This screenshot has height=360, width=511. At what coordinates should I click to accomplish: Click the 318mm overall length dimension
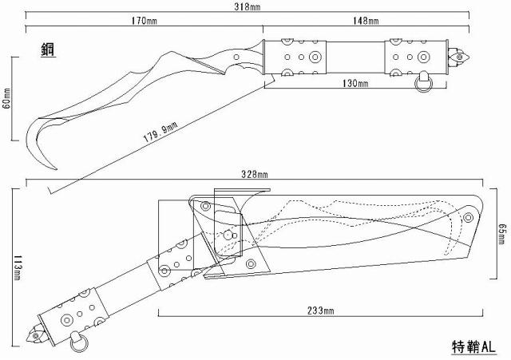247,6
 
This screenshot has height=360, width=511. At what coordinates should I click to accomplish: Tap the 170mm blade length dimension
144,21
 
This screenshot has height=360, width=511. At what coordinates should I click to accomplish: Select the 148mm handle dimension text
366,21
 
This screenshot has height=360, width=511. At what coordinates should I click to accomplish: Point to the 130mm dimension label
355,83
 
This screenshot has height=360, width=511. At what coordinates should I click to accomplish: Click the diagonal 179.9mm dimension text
160,132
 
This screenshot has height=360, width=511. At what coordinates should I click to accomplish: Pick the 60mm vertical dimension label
7,99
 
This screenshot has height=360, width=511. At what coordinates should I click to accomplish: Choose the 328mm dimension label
255,174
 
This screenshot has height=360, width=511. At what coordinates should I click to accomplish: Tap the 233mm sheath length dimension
321,311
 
